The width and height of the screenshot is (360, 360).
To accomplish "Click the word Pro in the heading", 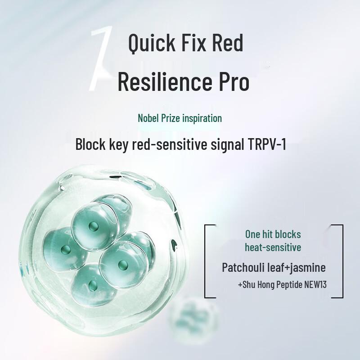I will pyautogui.click(x=233, y=82).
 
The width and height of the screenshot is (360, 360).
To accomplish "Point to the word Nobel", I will pyautogui.click(x=149, y=118).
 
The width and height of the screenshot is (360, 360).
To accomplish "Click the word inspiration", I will pyautogui.click(x=200, y=118).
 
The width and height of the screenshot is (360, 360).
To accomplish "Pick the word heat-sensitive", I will pyautogui.click(x=273, y=247).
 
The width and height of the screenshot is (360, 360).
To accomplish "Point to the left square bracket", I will pyautogui.click(x=207, y=261).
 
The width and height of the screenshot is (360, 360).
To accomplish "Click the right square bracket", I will pyautogui.click(x=340, y=261).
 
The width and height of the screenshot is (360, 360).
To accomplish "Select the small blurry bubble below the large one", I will pyautogui.click(x=189, y=315).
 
